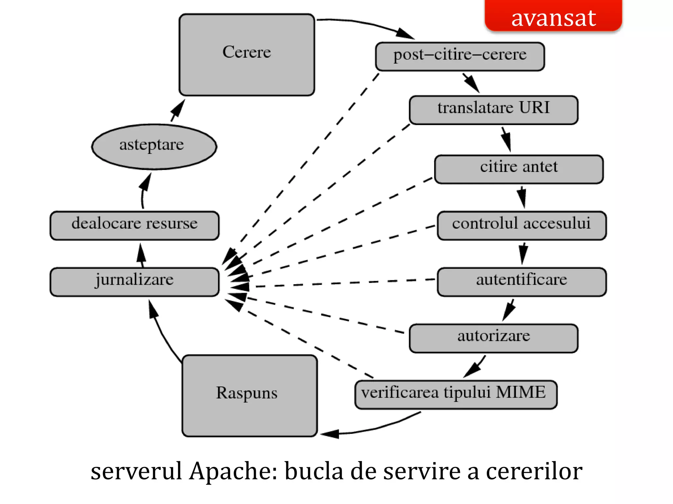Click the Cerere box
tap(247, 55)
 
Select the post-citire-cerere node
tap(460, 56)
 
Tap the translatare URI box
tap(493, 110)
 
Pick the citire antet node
tap(519, 169)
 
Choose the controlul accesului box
tap(522, 225)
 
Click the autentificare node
tap(522, 282)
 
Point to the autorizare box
tap(493, 338)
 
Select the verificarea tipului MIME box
tap(456, 395)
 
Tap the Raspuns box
tap(249, 395)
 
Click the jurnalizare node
tap(134, 282)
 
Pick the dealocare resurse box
tap(134, 225)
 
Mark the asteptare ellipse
tap(154, 147)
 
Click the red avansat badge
tap(553, 16)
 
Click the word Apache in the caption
tap(233, 471)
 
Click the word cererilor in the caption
tap(534, 471)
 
